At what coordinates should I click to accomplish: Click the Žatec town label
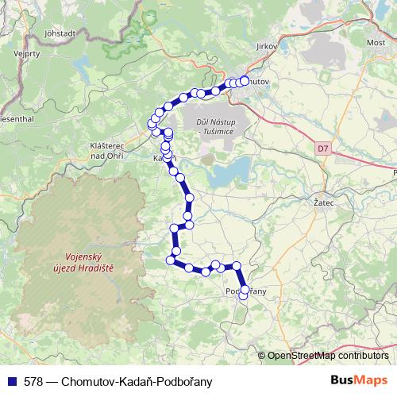click(x=318, y=203)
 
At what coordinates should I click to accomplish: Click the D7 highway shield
click(x=322, y=148)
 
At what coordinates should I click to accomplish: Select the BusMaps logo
click(x=359, y=381)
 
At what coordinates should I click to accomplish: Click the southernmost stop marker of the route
click(x=244, y=299)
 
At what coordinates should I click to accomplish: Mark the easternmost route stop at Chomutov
click(x=245, y=80)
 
